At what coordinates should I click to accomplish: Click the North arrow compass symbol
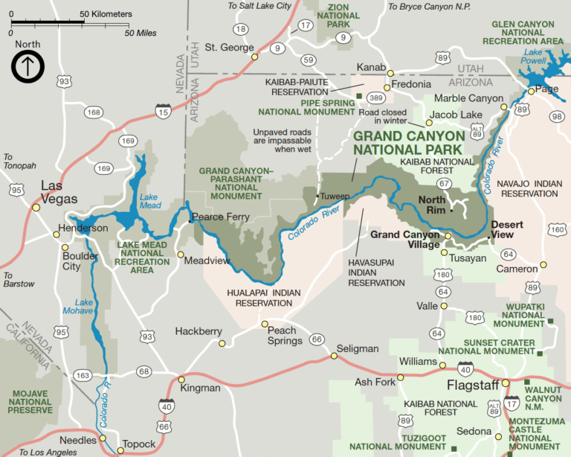(28, 66)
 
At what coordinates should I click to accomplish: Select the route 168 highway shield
(94, 112)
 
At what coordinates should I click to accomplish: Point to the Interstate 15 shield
(162, 111)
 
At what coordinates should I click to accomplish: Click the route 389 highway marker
(376, 98)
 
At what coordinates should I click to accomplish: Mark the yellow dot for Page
(531, 91)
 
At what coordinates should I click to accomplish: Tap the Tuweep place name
(334, 197)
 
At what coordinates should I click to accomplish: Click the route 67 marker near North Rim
(444, 183)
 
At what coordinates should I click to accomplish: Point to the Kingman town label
(200, 388)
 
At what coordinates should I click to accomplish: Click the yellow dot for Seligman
(334, 356)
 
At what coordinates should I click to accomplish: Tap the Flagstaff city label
(473, 386)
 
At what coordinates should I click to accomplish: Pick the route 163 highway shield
(83, 376)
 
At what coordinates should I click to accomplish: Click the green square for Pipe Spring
(359, 95)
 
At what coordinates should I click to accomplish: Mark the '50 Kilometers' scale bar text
(106, 14)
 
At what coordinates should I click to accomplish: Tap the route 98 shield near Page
(555, 115)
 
